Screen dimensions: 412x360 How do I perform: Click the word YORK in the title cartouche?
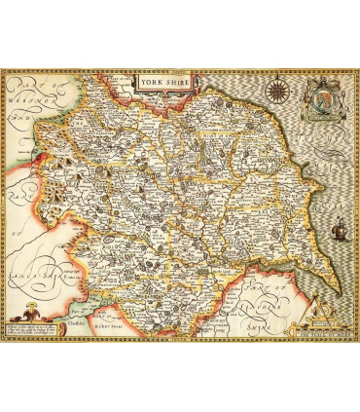pyautogui.click(x=150, y=83)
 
